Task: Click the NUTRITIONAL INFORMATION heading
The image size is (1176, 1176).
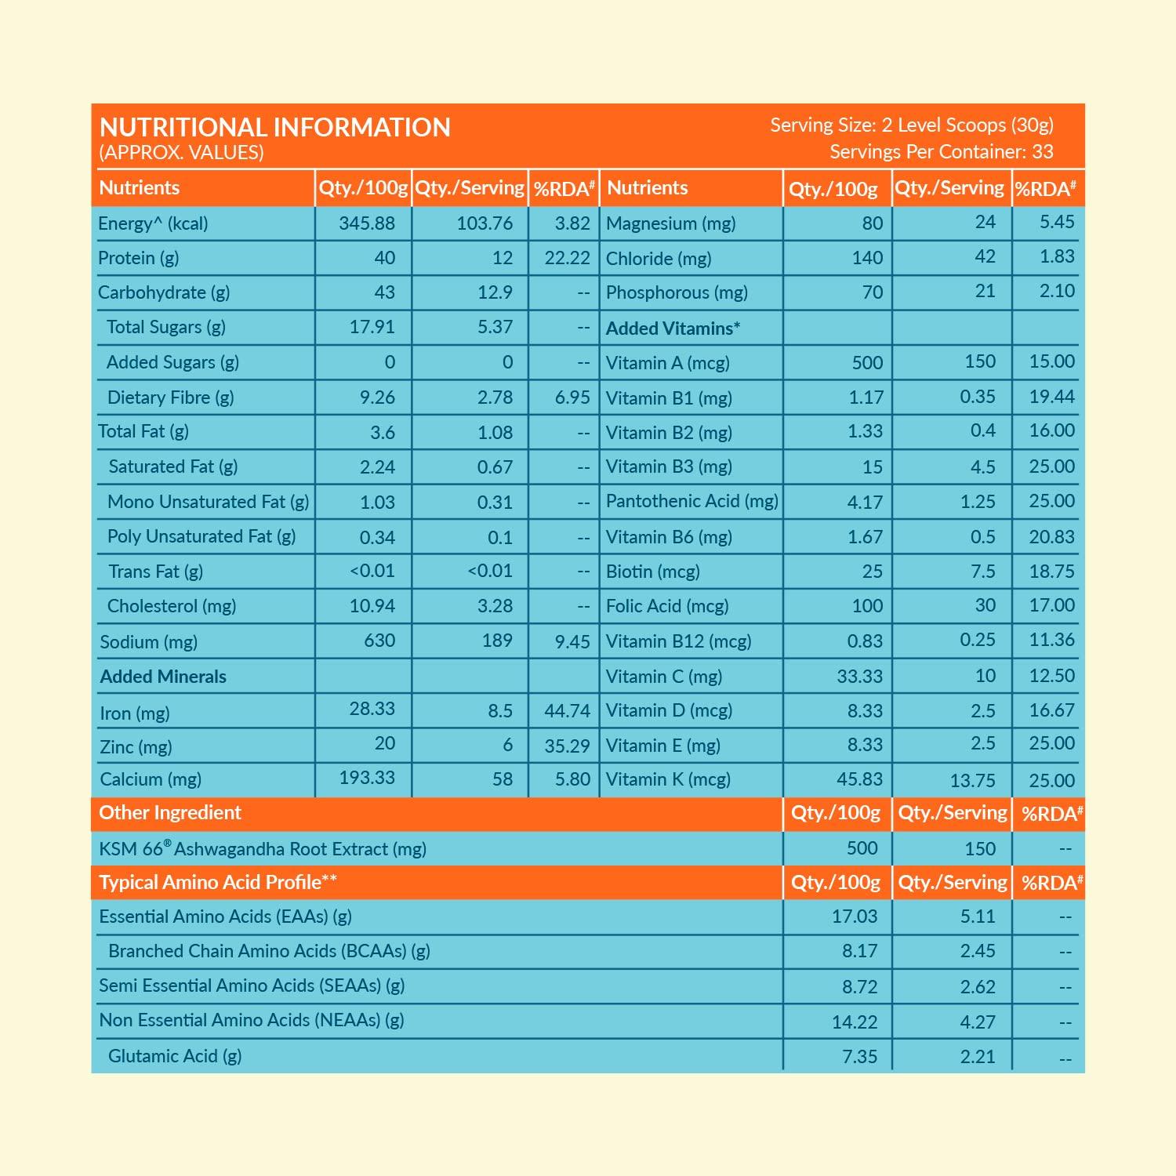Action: pyautogui.click(x=274, y=127)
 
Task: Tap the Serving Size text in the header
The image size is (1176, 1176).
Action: pyautogui.click(x=911, y=125)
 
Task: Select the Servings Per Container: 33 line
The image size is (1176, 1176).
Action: pyautogui.click(x=941, y=151)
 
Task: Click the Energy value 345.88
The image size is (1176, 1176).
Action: pyautogui.click(x=366, y=223)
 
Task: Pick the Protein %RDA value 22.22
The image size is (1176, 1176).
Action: pyautogui.click(x=567, y=258)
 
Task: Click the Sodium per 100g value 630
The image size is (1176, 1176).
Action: pyautogui.click(x=379, y=641)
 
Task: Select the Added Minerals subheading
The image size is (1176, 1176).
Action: pyautogui.click(x=163, y=677)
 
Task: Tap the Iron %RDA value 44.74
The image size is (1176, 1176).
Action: pyautogui.click(x=567, y=711)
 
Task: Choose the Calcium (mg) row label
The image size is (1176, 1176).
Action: pyautogui.click(x=151, y=779)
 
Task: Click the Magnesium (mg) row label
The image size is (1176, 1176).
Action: pyautogui.click(x=670, y=223)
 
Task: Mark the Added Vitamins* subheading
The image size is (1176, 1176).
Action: pyautogui.click(x=673, y=328)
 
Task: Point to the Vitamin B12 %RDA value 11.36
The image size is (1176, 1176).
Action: pyautogui.click(x=1051, y=640)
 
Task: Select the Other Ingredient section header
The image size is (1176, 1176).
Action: pyautogui.click(x=170, y=813)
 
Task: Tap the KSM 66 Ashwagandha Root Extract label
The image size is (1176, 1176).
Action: pyautogui.click(x=263, y=849)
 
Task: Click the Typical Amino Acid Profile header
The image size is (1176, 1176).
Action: pyautogui.click(x=218, y=882)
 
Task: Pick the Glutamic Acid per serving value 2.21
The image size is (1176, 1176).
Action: pyautogui.click(x=978, y=1056)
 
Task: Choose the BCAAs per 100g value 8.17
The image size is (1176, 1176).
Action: pyautogui.click(x=859, y=951)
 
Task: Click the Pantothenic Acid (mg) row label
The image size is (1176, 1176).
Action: pyautogui.click(x=691, y=501)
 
